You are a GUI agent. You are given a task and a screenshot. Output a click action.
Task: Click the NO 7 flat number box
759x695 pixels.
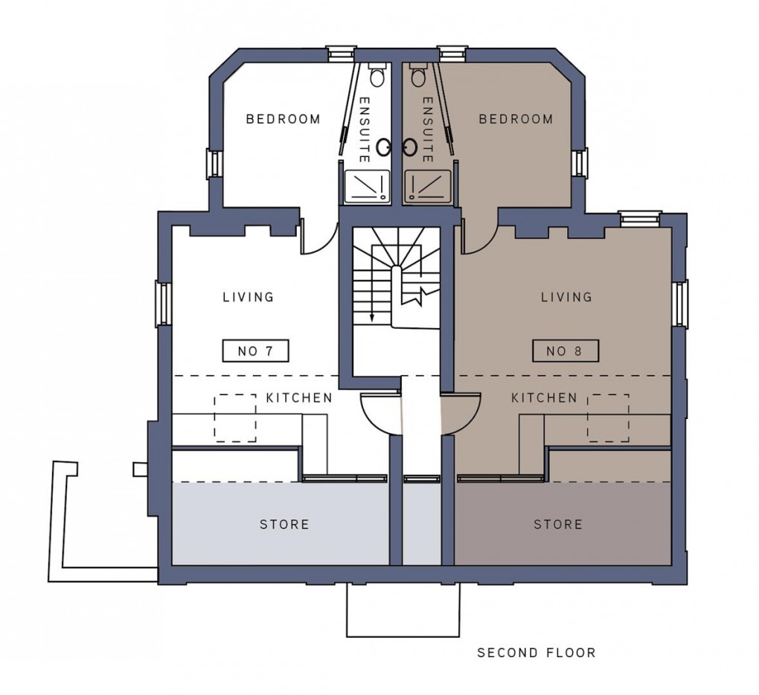(x=255, y=350)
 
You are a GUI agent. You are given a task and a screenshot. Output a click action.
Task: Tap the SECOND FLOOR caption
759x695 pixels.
(x=536, y=653)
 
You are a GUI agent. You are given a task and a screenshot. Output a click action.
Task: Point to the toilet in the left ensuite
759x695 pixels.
(x=377, y=75)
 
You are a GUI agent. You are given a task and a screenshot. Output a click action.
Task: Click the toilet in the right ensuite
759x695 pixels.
(x=417, y=75)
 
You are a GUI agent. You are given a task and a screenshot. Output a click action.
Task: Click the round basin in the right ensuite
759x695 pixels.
(x=409, y=147)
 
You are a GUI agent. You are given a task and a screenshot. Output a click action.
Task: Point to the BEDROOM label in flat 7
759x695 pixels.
(x=284, y=119)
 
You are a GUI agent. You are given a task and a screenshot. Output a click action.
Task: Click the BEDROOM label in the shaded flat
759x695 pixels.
(x=516, y=119)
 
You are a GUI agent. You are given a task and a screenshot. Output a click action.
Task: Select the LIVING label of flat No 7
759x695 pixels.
(x=249, y=297)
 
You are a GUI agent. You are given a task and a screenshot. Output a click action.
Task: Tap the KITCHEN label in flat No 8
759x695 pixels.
(x=544, y=398)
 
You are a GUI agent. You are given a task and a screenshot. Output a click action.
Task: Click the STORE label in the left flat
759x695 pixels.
(x=284, y=525)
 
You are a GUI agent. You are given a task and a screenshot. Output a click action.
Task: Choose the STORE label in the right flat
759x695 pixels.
(x=558, y=525)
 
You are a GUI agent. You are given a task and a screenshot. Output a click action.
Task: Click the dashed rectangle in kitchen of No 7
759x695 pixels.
(x=235, y=417)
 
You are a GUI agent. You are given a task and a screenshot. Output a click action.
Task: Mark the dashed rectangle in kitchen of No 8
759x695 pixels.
(x=608, y=417)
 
